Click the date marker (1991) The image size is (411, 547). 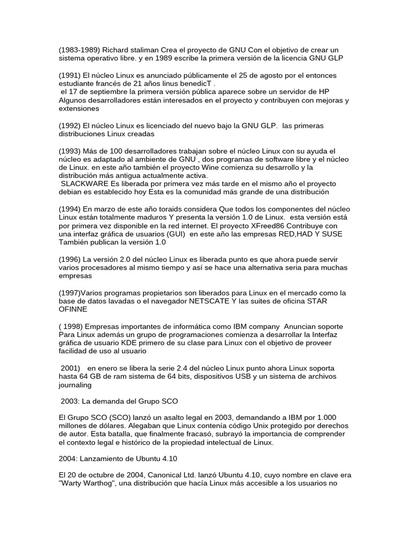pos(70,75)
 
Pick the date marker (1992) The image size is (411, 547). pos(70,126)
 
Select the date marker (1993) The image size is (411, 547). pos(70,151)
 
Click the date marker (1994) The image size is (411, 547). pos(70,209)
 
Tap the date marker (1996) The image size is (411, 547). pos(70,260)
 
